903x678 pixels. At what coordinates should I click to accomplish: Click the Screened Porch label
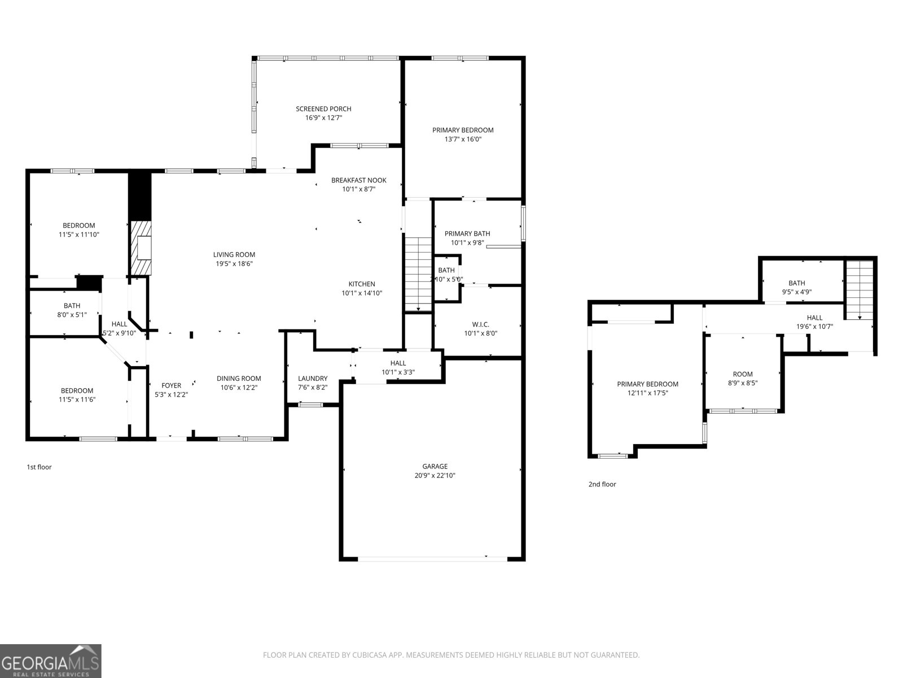click(x=323, y=109)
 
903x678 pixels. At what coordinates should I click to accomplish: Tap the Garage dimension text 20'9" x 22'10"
click(x=435, y=476)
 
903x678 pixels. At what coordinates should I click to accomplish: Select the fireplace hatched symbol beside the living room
click(x=141, y=247)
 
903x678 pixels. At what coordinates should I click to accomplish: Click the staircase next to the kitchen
click(x=418, y=273)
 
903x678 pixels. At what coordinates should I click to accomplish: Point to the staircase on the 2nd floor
click(x=858, y=289)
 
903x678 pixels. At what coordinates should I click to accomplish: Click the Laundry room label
click(x=313, y=379)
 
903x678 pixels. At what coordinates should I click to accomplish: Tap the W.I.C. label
click(x=480, y=324)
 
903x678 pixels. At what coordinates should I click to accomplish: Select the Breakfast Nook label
click(x=358, y=180)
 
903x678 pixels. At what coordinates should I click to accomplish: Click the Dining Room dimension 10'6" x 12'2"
click(x=239, y=388)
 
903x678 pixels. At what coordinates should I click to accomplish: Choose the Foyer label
click(x=171, y=385)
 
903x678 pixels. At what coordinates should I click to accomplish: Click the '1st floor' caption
click(x=39, y=467)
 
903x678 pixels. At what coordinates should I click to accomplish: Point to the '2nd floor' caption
click(x=602, y=484)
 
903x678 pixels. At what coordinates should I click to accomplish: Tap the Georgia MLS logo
click(x=51, y=660)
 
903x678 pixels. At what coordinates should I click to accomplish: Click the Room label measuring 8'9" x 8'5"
click(x=743, y=374)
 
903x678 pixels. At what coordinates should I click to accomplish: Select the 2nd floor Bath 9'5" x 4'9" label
click(x=796, y=283)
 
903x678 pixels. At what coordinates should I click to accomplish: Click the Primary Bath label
click(x=467, y=233)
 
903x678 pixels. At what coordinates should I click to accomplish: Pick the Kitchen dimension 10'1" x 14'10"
click(x=362, y=293)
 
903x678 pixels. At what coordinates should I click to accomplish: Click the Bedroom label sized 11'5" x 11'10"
click(x=78, y=225)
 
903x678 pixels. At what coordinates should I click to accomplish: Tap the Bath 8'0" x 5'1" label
click(x=72, y=306)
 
